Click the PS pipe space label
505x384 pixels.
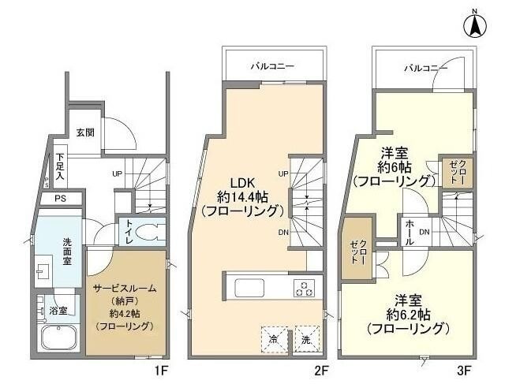(x=60, y=199)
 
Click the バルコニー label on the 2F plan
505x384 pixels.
(x=273, y=67)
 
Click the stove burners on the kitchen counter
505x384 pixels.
(x=304, y=288)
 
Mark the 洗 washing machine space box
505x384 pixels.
(x=305, y=339)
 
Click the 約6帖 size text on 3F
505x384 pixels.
(x=394, y=168)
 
